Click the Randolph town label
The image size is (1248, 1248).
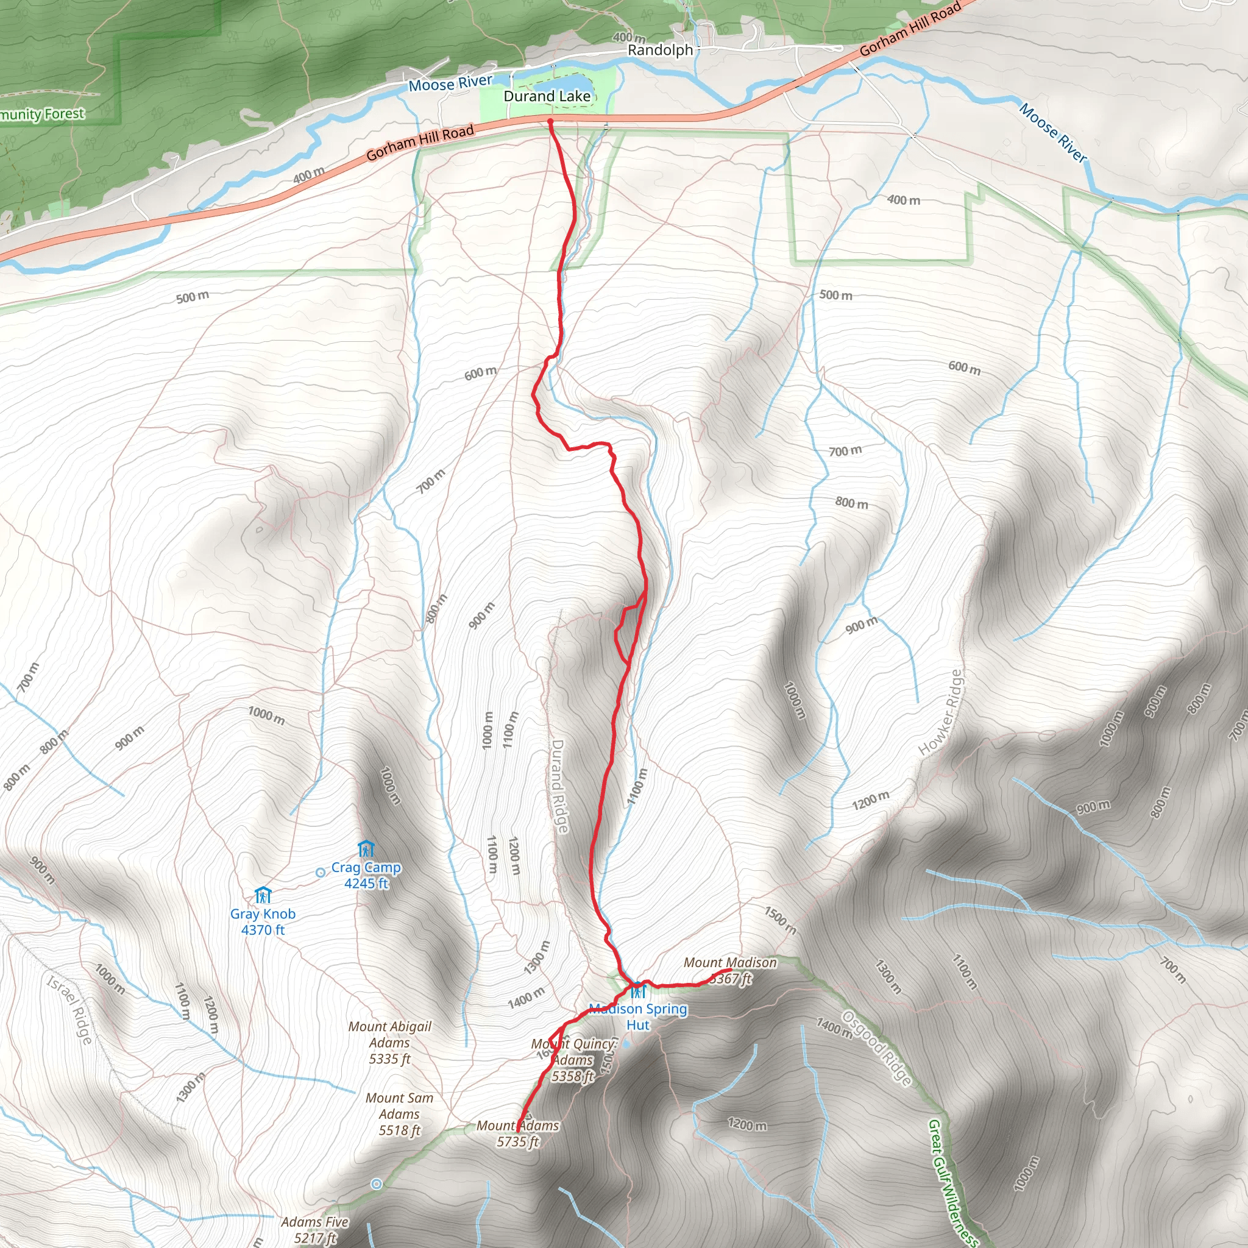click(x=659, y=50)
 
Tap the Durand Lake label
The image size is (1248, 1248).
click(x=547, y=96)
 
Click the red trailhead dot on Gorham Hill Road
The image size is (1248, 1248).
click(x=550, y=121)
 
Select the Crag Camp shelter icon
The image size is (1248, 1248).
click(x=366, y=848)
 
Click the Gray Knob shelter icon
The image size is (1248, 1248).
click(x=262, y=895)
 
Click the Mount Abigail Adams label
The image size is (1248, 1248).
click(x=389, y=1042)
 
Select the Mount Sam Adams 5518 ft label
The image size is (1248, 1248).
click(x=399, y=1114)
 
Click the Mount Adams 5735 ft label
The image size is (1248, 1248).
click(x=517, y=1133)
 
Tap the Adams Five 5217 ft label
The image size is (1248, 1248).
click(x=314, y=1230)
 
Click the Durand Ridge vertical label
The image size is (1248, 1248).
click(x=558, y=786)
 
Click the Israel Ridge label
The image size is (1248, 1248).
click(x=69, y=1009)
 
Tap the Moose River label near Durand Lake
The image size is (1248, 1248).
click(x=450, y=83)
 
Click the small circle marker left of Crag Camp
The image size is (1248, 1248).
click(x=321, y=872)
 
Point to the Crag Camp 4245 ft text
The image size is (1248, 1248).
click(x=366, y=875)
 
